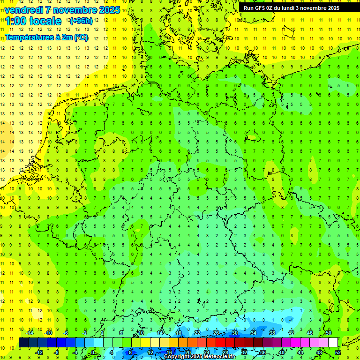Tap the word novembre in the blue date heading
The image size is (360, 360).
click(77, 10)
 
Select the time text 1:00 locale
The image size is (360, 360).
click(33, 21)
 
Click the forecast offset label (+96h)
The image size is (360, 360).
click(81, 21)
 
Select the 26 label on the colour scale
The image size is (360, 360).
click(216, 333)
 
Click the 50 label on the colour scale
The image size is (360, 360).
click(329, 333)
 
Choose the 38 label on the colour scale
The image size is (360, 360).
click(272, 333)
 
